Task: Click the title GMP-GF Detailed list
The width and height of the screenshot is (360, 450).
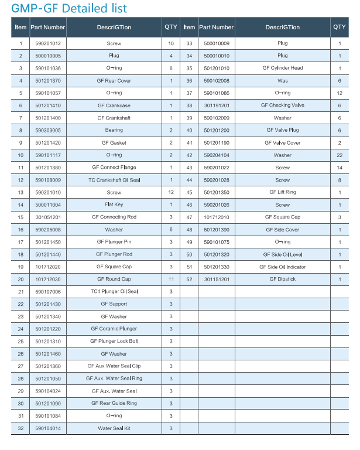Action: [69, 8]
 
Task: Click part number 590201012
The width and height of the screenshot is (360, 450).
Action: [48, 44]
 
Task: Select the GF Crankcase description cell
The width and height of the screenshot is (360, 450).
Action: [114, 105]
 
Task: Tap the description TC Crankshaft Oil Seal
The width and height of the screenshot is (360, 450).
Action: [114, 180]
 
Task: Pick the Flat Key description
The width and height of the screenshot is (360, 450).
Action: [114, 204]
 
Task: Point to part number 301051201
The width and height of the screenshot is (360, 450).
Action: [48, 217]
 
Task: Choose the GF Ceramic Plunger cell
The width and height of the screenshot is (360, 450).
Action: [114, 329]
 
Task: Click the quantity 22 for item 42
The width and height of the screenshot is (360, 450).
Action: [340, 155]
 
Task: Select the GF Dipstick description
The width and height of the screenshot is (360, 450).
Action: [283, 279]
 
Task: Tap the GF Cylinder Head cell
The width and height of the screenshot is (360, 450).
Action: [283, 68]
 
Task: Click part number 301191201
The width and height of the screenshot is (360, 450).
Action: [217, 105]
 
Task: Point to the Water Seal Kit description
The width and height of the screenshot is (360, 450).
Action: [114, 428]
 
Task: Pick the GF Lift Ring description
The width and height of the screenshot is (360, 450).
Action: [283, 192]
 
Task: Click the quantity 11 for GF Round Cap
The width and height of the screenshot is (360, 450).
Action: [171, 279]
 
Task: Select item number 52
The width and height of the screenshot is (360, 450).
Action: [189, 279]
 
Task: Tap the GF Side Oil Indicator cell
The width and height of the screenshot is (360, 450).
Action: [283, 267]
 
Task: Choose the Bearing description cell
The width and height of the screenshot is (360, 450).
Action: [114, 130]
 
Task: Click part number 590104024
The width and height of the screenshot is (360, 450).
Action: [48, 391]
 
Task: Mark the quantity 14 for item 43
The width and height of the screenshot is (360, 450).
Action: [340, 168]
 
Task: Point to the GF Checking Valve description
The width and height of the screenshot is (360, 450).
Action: [283, 105]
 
